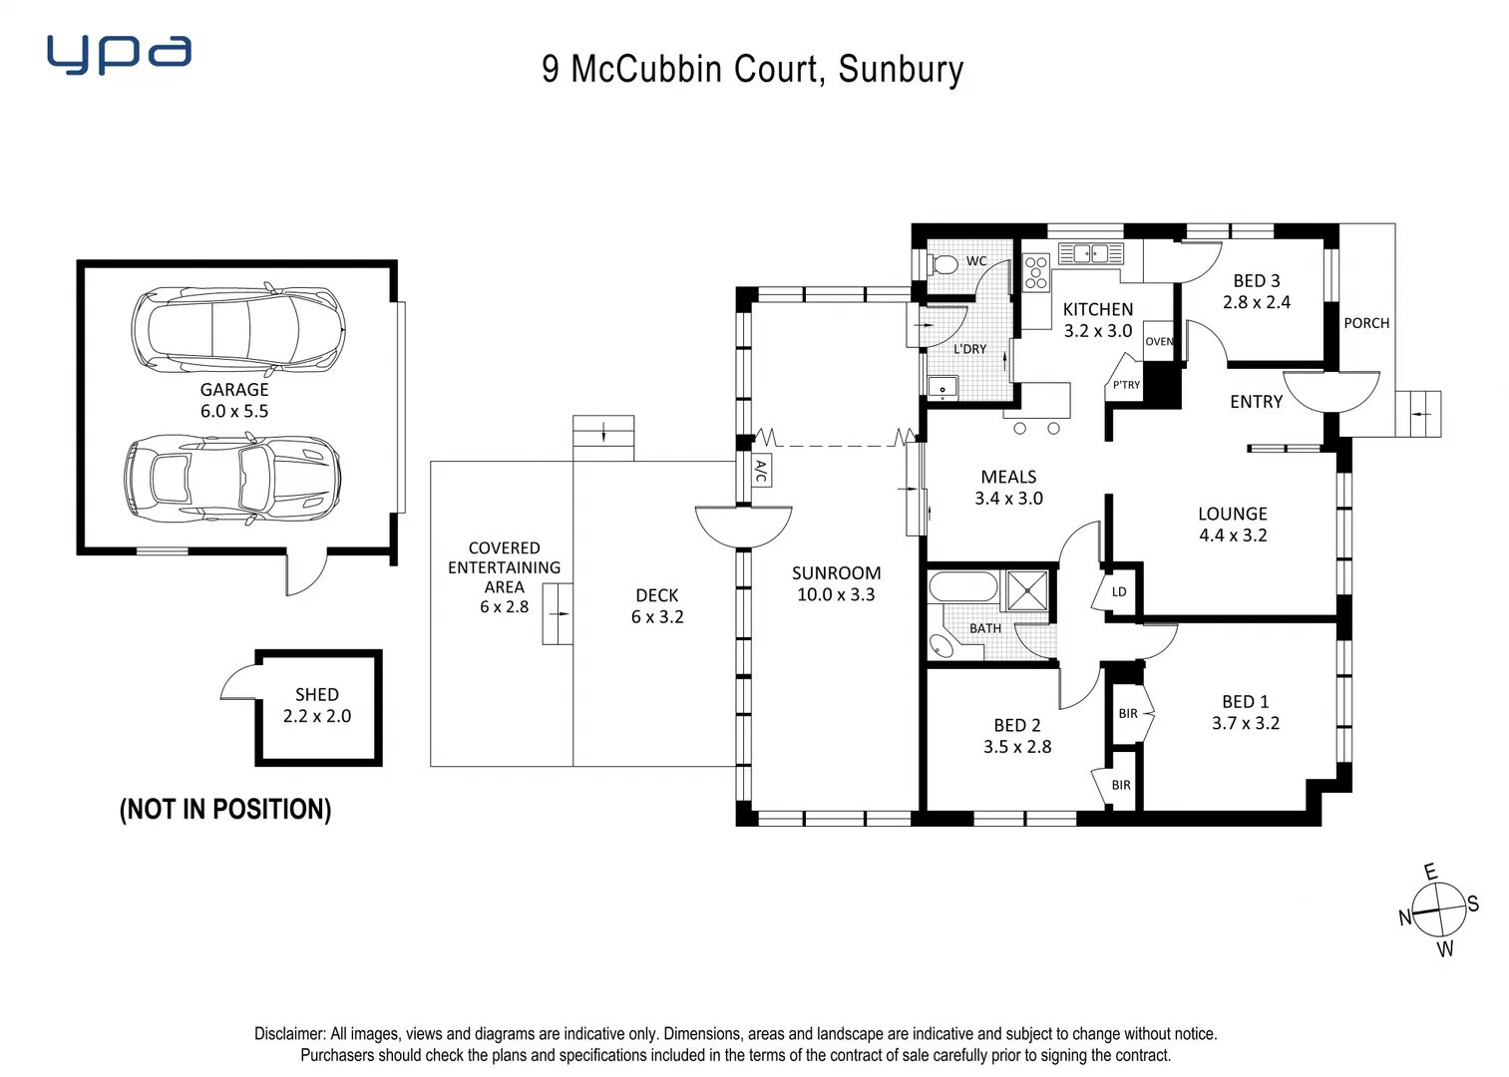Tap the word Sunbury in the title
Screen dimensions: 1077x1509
(901, 70)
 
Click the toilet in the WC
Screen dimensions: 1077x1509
(943, 264)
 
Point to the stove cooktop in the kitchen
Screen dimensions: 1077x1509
(1036, 272)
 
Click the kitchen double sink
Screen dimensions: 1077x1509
(1090, 253)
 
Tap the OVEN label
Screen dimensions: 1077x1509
(1158, 341)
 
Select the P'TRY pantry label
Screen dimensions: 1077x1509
(1126, 385)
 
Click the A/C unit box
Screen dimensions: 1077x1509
(760, 471)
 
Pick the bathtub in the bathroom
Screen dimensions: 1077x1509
(962, 586)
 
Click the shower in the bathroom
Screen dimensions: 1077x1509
(1026, 590)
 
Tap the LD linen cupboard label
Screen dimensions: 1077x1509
(1119, 591)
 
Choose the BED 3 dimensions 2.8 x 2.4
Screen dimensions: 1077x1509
(1256, 302)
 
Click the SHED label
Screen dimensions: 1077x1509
(316, 694)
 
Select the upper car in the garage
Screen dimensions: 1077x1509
(238, 329)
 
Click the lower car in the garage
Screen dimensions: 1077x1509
(233, 478)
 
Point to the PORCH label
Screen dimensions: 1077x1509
(1365, 323)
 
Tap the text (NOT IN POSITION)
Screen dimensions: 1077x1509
(224, 809)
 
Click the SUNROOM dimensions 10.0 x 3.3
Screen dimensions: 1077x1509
(835, 594)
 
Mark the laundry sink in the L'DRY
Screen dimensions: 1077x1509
(942, 387)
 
